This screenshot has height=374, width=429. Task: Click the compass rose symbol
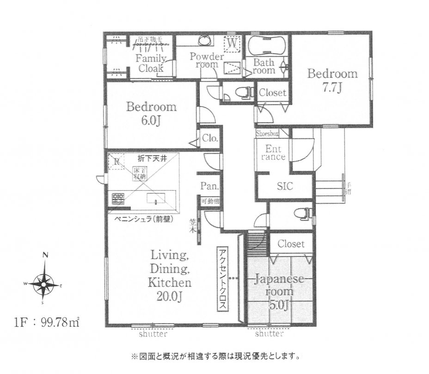(45, 281)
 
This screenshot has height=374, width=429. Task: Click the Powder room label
(207, 61)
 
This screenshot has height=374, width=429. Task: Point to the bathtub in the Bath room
(267, 46)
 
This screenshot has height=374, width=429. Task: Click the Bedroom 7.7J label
(333, 80)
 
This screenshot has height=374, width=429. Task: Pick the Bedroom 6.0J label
(152, 113)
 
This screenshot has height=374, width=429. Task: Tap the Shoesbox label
(268, 133)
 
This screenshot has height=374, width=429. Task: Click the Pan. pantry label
(206, 187)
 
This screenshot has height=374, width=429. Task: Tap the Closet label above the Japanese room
(291, 243)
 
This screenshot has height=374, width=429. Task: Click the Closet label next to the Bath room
(272, 93)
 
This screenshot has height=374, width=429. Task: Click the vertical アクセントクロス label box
(222, 279)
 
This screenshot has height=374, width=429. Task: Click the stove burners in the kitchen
(117, 199)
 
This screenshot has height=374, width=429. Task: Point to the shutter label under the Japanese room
(269, 333)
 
